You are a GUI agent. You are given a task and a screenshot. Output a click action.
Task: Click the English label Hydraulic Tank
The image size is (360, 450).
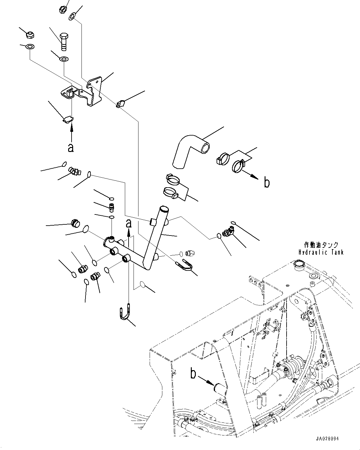pos(321,253)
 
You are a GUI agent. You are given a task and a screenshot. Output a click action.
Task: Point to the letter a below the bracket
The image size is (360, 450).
pos(71,148)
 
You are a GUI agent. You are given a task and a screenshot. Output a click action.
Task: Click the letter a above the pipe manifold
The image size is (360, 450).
pos(129,223)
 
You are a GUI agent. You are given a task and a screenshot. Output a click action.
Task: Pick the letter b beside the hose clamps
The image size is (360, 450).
pos(266,183)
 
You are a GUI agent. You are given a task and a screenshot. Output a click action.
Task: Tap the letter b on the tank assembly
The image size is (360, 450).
pos(193,374)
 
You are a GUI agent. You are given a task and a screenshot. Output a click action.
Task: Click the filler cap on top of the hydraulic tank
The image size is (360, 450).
pos(300,264)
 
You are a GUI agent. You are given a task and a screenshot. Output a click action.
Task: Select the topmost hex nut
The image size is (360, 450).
pos(62,10)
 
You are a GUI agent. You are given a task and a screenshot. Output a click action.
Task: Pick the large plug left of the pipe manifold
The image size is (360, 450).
pos(75,223)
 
